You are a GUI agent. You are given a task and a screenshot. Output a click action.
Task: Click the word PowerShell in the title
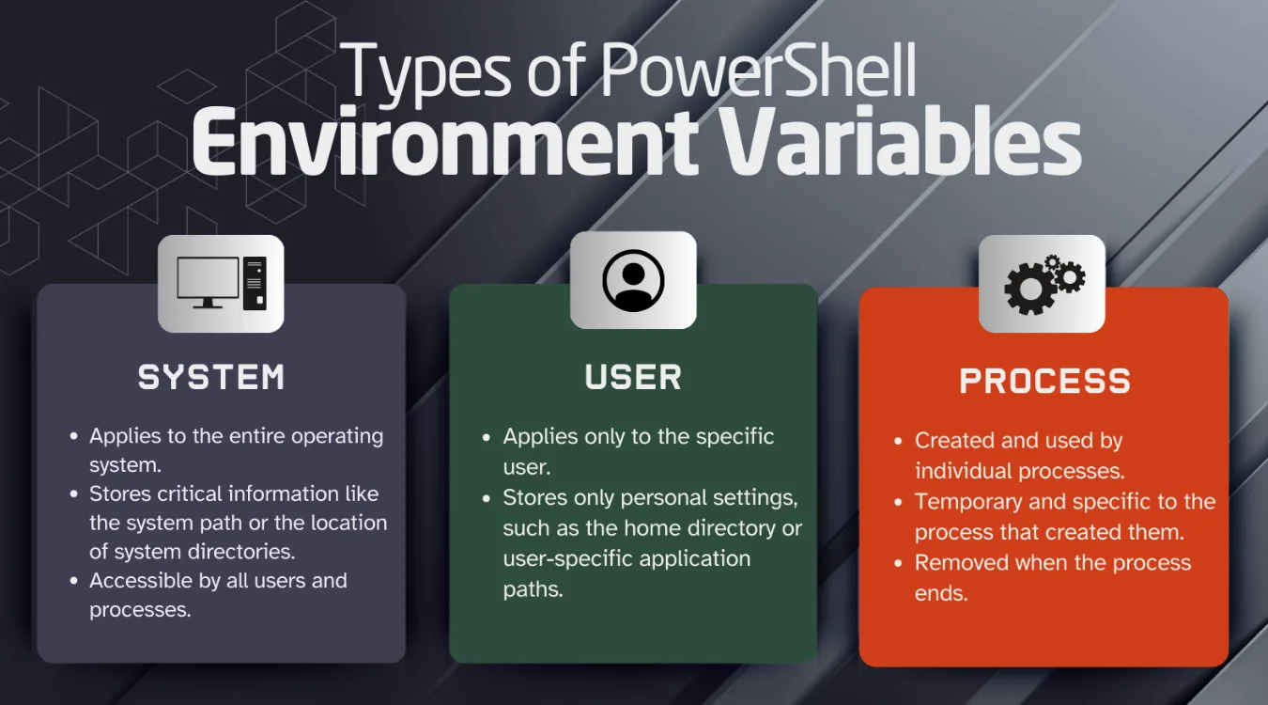pos(758,73)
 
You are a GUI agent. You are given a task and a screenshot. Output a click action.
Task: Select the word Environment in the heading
pos(444,143)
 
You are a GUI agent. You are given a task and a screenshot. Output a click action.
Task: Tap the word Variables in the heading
pos(892,143)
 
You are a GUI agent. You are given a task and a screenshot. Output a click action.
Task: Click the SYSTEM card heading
pos(211,378)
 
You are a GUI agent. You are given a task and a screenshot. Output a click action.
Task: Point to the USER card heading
pos(633,377)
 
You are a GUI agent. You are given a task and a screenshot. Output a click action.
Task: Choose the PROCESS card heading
pos(1044,381)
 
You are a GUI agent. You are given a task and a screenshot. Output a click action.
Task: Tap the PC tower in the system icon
pos(255,283)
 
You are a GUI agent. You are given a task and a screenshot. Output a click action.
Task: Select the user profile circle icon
pos(633,280)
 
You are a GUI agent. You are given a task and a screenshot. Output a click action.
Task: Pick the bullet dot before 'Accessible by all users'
pos(74,582)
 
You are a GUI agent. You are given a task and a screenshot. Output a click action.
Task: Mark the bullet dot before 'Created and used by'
pos(901,441)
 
